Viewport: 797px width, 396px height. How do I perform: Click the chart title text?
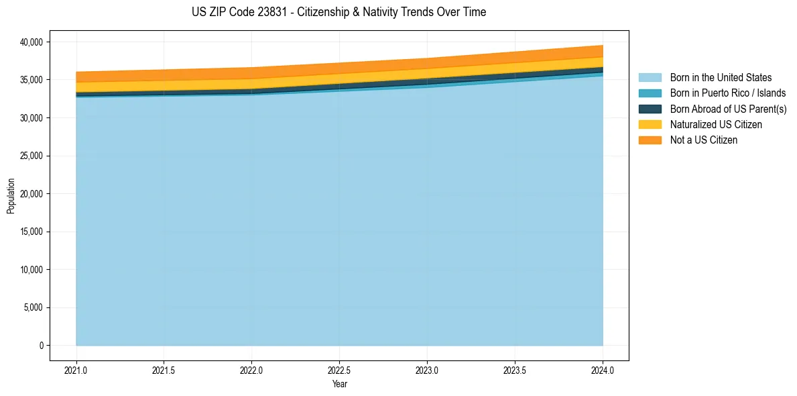coord(339,12)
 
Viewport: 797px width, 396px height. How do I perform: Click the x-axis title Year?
coord(340,385)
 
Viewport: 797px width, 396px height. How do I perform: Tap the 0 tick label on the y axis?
coord(41,346)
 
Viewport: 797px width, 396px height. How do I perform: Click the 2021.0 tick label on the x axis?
coord(76,370)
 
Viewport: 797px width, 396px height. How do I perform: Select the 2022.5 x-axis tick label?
coord(340,370)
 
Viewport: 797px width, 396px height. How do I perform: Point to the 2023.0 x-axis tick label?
coord(428,370)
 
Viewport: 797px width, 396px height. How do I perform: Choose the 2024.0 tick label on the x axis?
coord(603,370)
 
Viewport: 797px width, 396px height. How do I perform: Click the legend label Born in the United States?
coord(721,78)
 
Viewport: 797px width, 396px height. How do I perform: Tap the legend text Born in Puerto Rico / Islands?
coord(728,93)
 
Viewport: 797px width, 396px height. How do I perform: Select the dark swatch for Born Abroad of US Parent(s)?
coord(650,109)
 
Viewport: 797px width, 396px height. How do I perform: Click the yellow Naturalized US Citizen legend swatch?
coord(650,125)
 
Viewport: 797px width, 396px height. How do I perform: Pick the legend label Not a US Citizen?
coord(704,140)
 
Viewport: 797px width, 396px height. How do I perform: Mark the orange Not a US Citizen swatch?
coord(650,140)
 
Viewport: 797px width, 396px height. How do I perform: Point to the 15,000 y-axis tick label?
coord(29,232)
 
